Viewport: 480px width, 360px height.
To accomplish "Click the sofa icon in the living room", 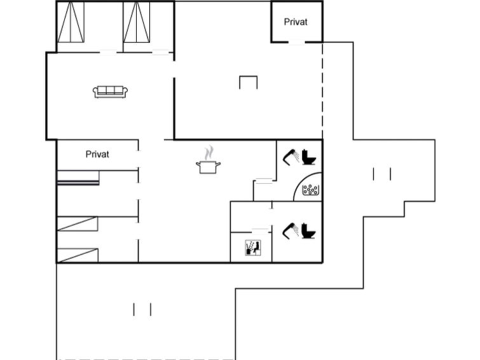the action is (110, 92).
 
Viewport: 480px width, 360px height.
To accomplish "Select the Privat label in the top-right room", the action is (296, 22).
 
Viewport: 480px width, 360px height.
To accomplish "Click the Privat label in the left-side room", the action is (97, 154).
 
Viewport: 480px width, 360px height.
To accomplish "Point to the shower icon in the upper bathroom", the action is (291, 158).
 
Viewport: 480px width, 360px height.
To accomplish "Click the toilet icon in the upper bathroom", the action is (308, 157).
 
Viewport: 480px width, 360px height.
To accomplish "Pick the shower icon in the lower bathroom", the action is (291, 231).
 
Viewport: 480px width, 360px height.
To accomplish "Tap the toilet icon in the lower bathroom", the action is (308, 231).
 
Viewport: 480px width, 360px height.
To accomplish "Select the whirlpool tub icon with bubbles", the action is (310, 190).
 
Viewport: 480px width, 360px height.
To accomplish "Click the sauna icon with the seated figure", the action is (253, 247).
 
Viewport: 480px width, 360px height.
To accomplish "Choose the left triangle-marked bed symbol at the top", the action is (71, 22).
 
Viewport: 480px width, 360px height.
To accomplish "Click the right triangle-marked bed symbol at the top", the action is (137, 22).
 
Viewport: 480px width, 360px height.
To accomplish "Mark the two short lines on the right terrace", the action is (382, 174).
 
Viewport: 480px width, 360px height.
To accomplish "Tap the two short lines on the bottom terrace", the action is (142, 310).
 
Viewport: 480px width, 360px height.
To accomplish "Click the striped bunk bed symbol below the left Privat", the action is (78, 178).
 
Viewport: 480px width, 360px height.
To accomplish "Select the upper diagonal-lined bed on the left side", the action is (78, 224).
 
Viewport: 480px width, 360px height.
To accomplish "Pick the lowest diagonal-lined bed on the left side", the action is (78, 256).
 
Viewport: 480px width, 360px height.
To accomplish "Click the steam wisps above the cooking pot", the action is (209, 153).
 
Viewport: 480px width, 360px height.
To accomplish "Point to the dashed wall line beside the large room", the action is (322, 91).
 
